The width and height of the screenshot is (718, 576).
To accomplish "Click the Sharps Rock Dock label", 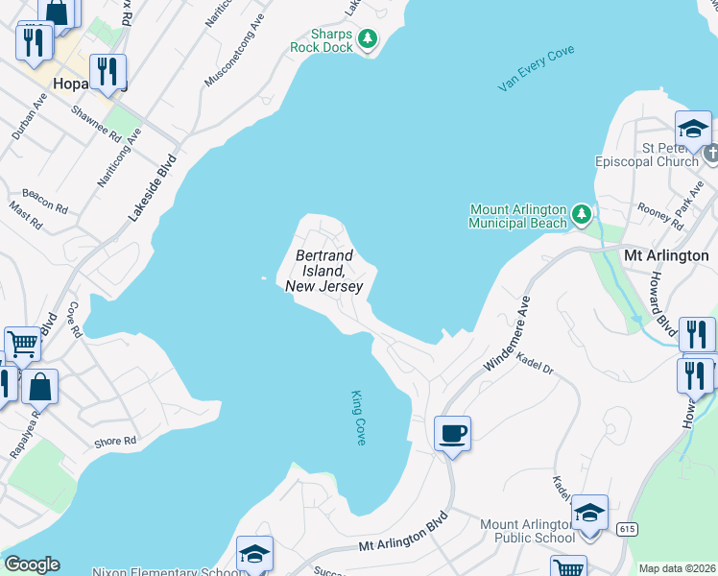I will pos(323,40).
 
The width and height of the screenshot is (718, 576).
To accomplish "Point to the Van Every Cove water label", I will pos(536,68).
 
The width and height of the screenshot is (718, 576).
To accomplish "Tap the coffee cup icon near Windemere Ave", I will pos(452,434).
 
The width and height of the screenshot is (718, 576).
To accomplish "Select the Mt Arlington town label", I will pos(665,255).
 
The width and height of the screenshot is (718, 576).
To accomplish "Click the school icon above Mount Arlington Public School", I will pos(589,513).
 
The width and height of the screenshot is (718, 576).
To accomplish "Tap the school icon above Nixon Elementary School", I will pos(254,554).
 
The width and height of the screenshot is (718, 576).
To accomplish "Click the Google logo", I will pos(32,564).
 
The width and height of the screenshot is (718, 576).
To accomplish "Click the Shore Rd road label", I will pos(114,442).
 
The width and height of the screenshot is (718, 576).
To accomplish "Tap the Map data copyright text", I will pos(676,568).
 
